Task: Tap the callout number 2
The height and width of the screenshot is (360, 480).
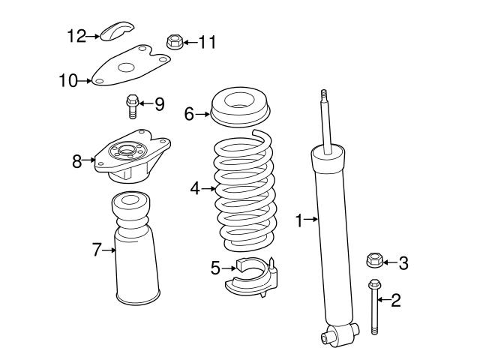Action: tap(396, 301)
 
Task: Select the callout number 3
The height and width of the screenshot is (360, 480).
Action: tap(403, 262)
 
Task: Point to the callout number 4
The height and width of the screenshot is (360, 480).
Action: tap(195, 188)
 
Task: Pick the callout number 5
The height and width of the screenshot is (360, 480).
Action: tap(214, 267)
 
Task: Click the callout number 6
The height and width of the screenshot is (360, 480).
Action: tap(190, 113)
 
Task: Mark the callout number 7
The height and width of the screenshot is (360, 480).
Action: tap(96, 250)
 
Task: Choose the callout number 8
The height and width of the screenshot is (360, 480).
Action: tap(77, 160)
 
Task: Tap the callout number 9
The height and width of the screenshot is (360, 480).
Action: tap(159, 104)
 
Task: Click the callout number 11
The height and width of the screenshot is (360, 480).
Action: tap(206, 42)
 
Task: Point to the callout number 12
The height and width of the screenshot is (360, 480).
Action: tap(77, 34)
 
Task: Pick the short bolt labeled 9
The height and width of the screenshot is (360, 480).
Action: tap(131, 106)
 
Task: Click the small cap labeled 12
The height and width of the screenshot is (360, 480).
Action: tap(116, 32)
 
